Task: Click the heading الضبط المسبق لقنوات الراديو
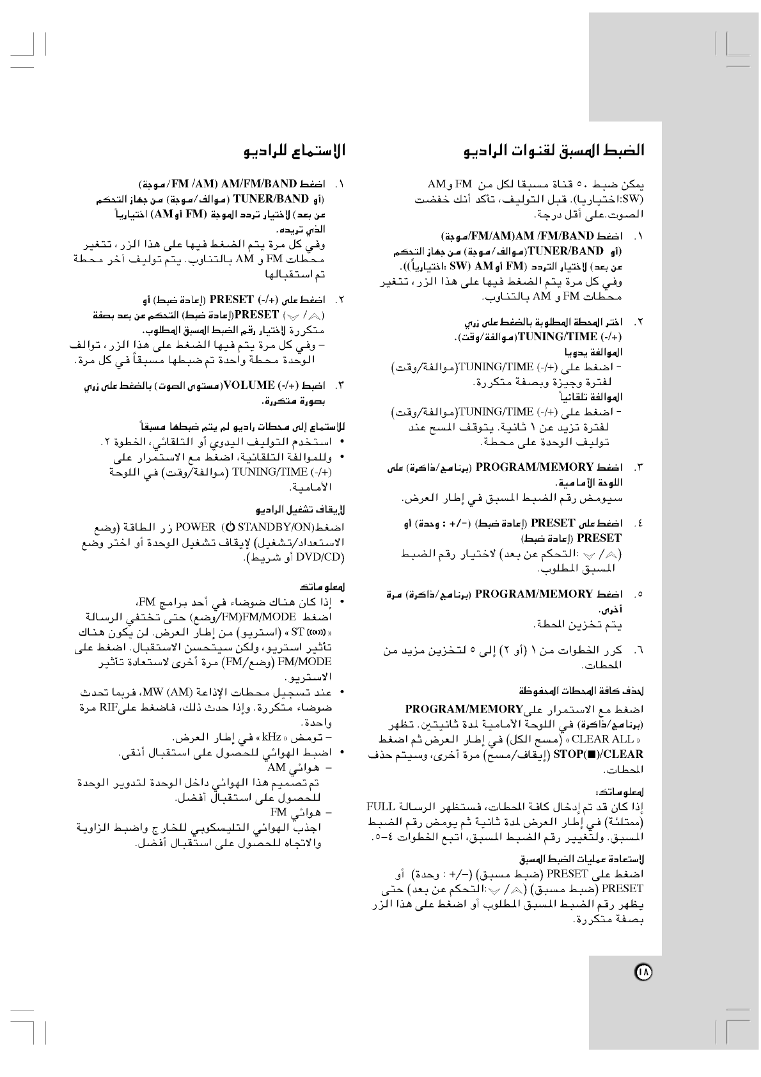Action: pyautogui.click(x=553, y=152)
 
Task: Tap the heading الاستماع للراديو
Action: pyautogui.click(x=295, y=152)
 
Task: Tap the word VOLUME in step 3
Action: pyautogui.click(x=249, y=386)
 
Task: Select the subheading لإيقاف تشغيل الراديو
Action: pyautogui.click(x=301, y=510)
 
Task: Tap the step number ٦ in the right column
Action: pyautogui.click(x=638, y=651)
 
